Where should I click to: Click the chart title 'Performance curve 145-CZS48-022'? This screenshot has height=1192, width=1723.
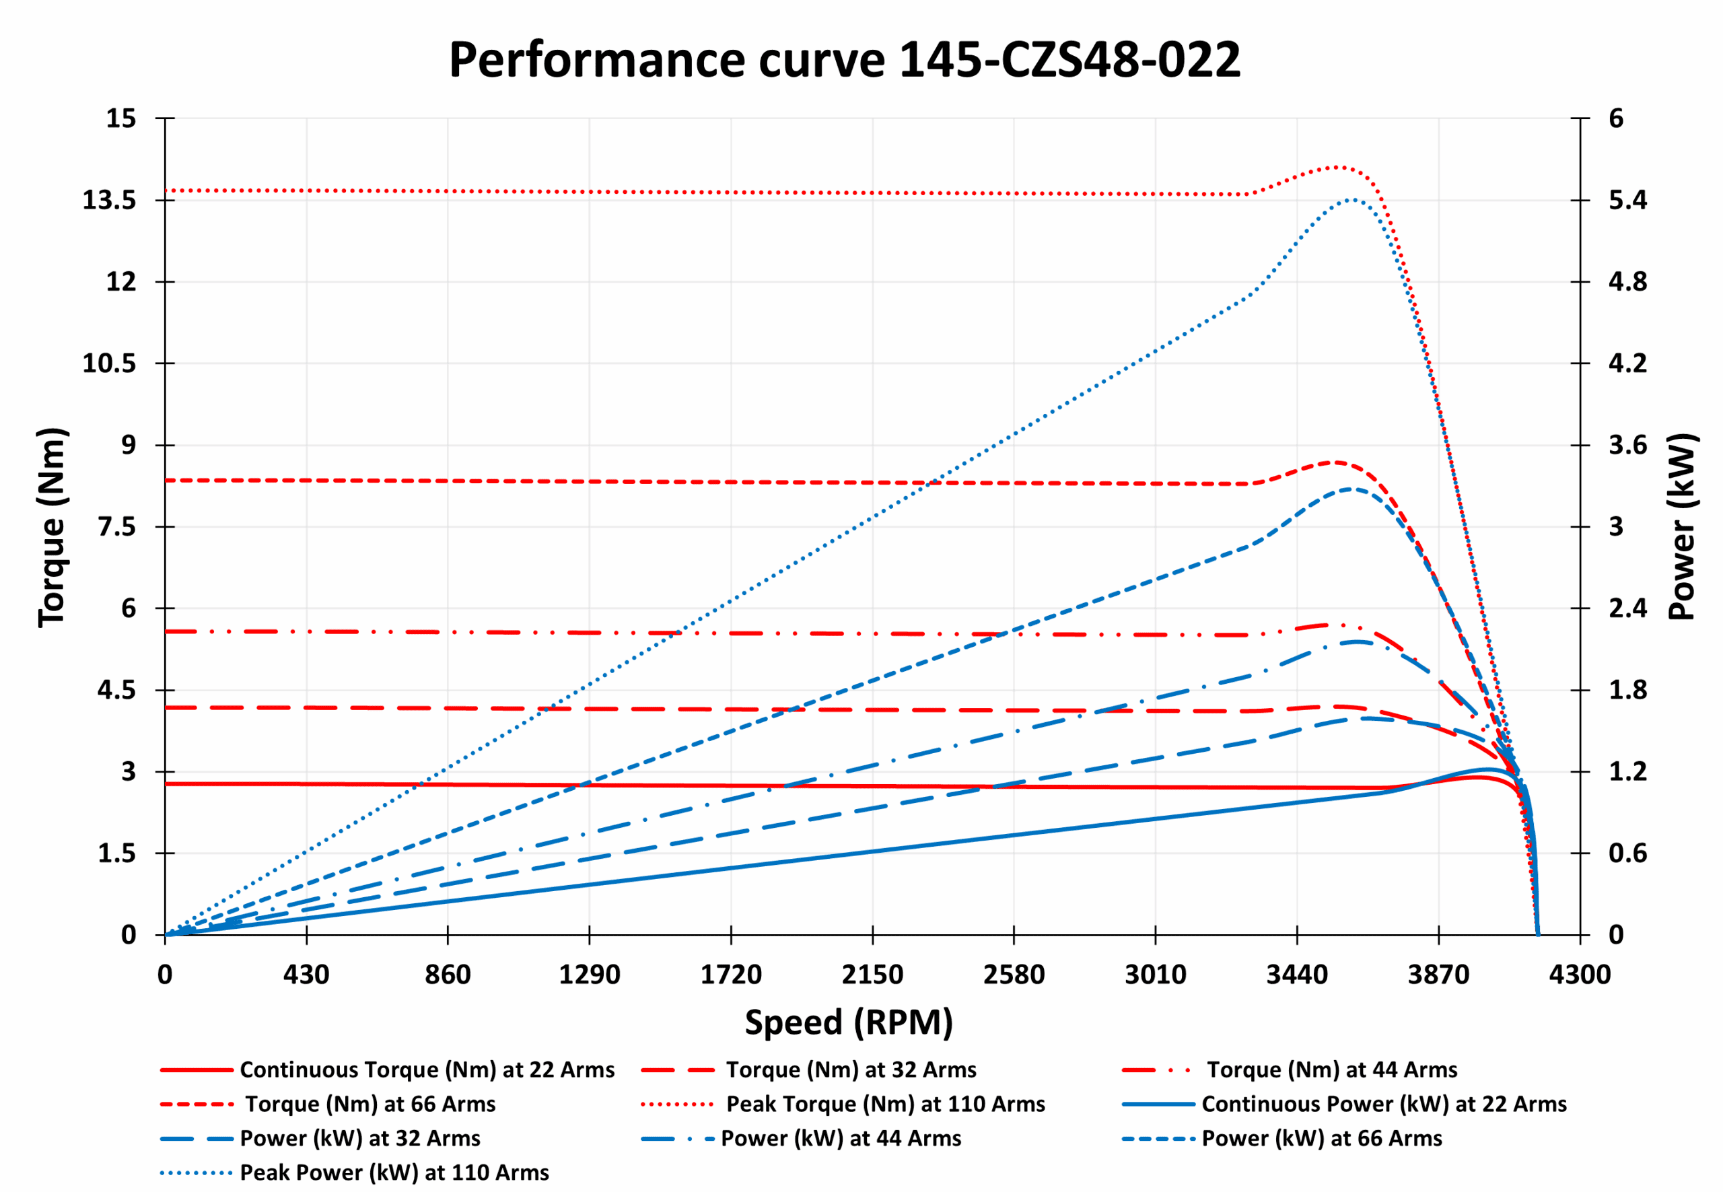(844, 60)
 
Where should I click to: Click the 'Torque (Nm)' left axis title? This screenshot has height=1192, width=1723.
(52, 526)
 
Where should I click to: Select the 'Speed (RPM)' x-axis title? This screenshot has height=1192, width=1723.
(849, 1022)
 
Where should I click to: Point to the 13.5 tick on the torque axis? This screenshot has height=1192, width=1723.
(109, 200)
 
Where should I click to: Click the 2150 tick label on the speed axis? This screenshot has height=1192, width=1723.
(872, 975)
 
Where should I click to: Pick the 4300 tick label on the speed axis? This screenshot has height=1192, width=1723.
(1579, 975)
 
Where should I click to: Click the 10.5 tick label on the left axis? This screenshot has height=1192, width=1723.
(109, 363)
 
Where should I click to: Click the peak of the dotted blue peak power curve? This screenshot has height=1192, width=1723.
(1351, 199)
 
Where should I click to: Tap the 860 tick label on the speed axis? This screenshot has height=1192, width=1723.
(448, 975)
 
